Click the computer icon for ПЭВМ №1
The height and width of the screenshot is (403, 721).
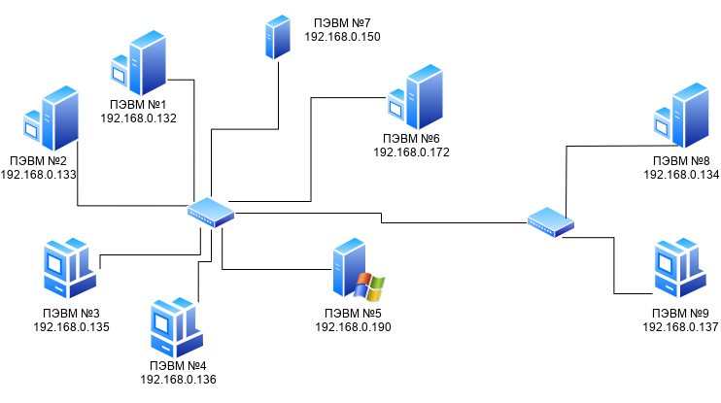click(137, 64)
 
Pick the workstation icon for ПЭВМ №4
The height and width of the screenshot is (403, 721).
click(178, 330)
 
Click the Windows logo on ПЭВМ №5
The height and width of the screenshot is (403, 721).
click(369, 286)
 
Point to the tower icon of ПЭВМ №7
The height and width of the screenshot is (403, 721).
click(278, 37)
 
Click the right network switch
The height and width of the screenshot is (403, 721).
click(551, 222)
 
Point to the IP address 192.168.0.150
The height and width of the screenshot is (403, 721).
click(342, 36)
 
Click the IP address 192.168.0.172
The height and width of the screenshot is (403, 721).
click(411, 152)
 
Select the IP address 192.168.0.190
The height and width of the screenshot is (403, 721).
click(353, 327)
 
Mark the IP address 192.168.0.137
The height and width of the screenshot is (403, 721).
click(680, 327)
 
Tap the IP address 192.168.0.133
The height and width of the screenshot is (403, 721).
click(39, 174)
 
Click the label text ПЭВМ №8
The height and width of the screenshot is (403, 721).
click(680, 160)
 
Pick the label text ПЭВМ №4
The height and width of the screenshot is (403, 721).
click(177, 365)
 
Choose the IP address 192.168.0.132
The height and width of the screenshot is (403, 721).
click(138, 118)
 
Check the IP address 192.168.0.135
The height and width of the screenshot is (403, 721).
click(71, 327)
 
